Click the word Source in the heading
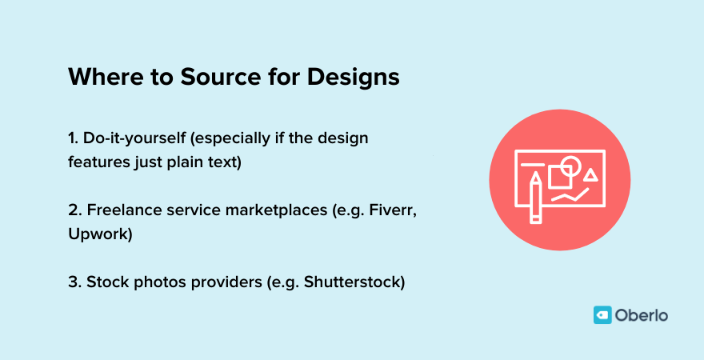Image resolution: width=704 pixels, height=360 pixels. pos(209,78)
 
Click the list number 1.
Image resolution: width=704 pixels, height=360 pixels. pos(73,138)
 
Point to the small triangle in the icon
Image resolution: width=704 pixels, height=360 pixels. pos(590,174)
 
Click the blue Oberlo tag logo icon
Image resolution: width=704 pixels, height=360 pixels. pos(602,315)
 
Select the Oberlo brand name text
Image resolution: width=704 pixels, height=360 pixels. pos(642,315)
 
